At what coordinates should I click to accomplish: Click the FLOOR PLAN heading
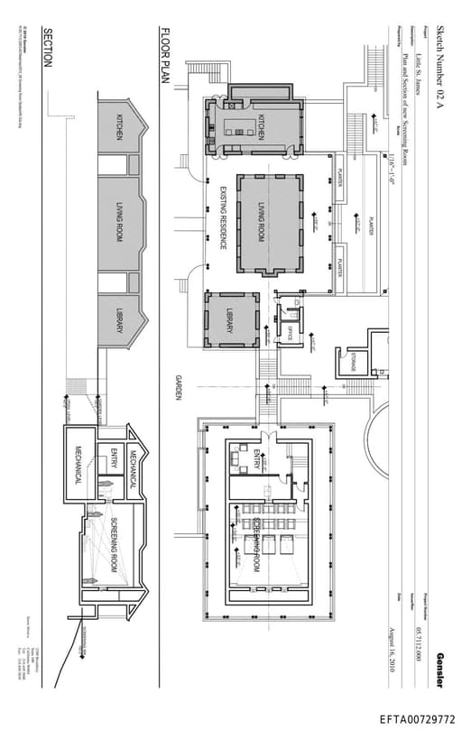pos(165,55)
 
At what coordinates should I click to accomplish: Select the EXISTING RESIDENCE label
pos(222,217)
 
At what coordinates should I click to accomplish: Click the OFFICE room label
pos(290,330)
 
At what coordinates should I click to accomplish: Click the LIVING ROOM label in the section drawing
pos(117,223)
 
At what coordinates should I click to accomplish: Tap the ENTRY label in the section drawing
pos(114,457)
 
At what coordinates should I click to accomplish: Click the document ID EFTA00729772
pos(417,719)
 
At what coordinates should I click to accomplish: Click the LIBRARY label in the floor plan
pos(229,321)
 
